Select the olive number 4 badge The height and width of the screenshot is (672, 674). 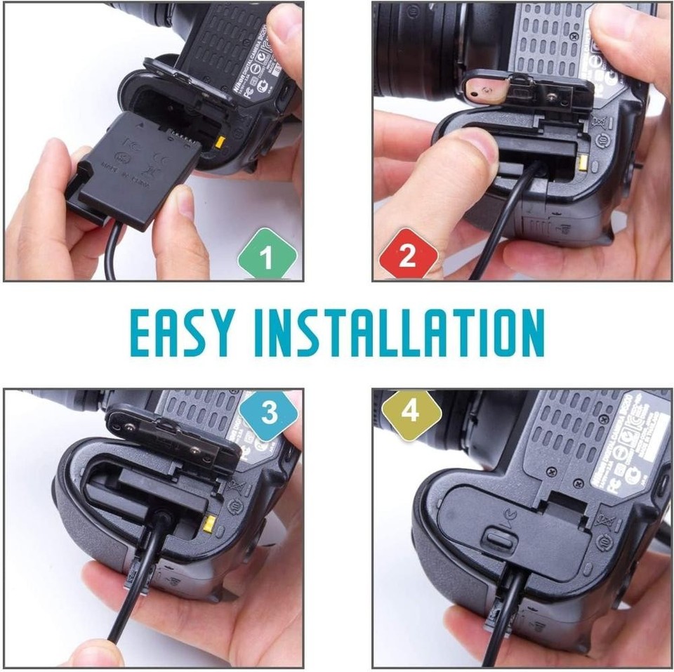[x=410, y=413]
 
